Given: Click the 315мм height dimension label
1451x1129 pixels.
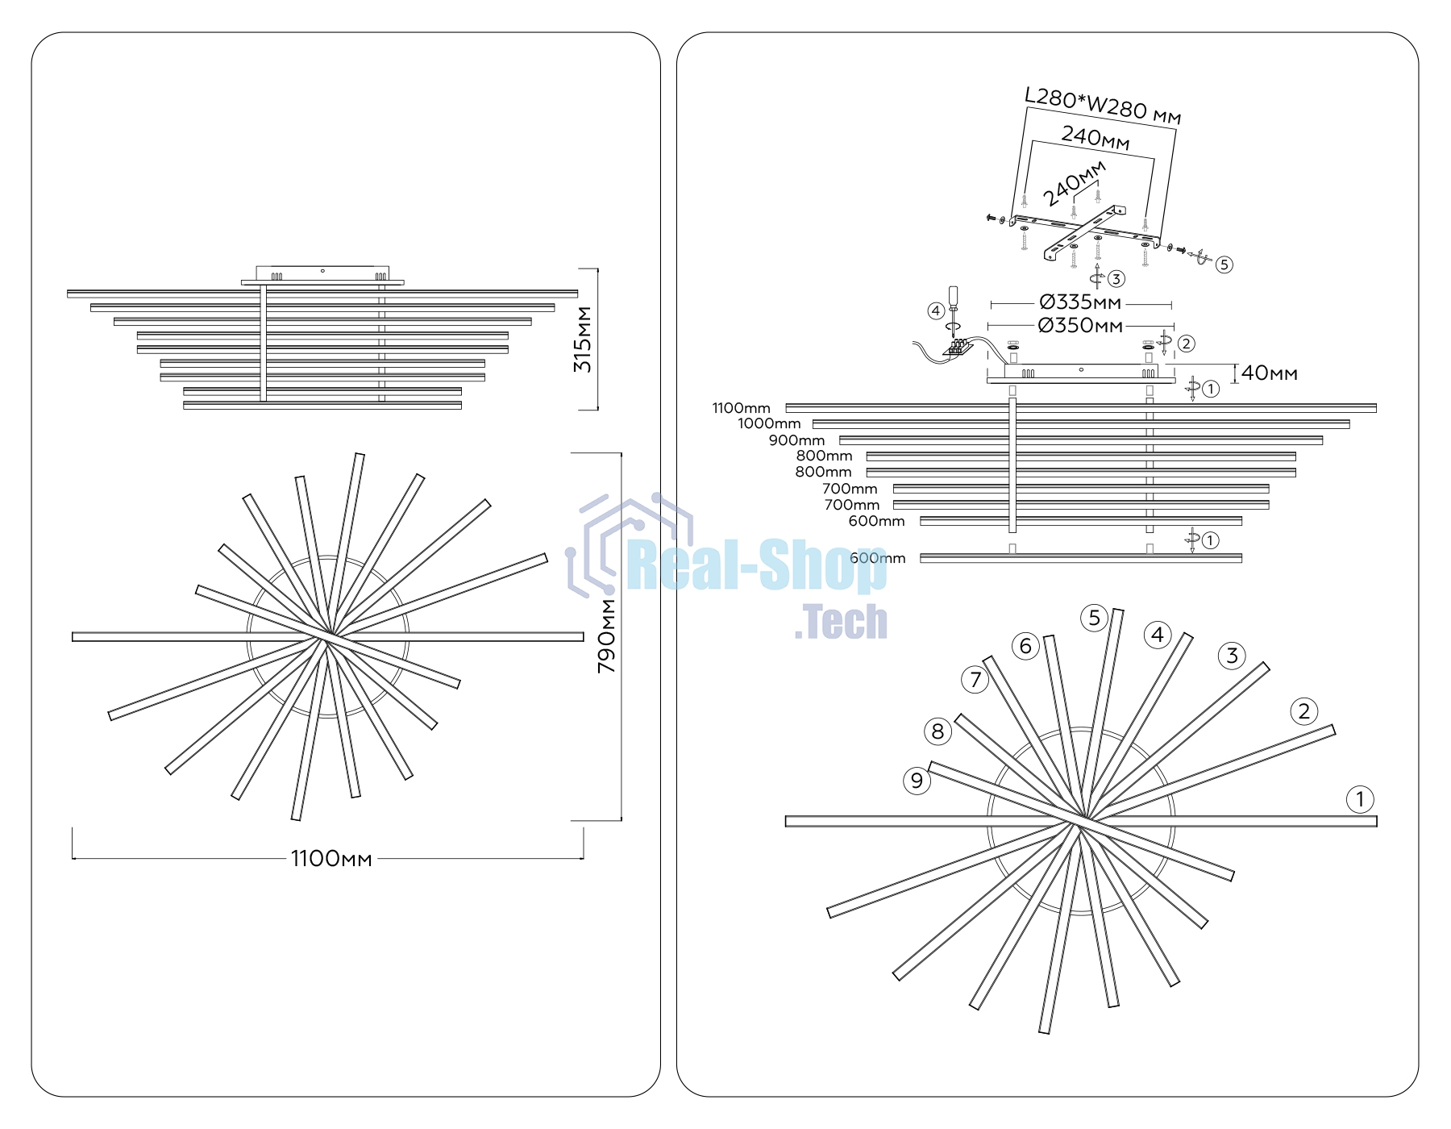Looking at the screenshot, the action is point(583,339).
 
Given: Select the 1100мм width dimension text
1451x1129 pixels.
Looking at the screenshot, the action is point(331,858).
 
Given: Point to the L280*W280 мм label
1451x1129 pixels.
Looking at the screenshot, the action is point(1103,106).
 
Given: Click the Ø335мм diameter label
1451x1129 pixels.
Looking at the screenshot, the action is point(1080,302).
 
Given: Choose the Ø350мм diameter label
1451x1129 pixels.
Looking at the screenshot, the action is point(1080,325).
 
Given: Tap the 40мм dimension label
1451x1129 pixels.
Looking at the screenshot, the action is point(1270,373).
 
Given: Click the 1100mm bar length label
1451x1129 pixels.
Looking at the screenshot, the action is point(741,408).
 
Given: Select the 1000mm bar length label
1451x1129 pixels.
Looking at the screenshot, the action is point(769,423).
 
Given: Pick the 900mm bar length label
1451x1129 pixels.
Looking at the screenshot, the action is point(796,440).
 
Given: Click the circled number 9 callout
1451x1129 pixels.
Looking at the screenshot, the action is point(917,781).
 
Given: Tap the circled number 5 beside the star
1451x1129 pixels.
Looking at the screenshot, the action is point(1094,618).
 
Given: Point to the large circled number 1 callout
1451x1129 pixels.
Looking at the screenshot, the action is point(1360,799).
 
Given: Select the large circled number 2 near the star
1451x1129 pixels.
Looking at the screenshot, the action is point(1304,711).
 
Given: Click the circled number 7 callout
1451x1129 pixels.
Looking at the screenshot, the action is point(975,680).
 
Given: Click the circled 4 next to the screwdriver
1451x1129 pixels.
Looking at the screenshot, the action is point(936,311).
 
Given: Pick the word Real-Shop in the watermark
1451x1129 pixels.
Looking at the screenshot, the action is point(756,565).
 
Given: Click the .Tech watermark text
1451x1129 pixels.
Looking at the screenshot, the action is point(841,622).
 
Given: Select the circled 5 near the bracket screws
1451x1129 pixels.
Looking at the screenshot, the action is point(1224,265).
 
